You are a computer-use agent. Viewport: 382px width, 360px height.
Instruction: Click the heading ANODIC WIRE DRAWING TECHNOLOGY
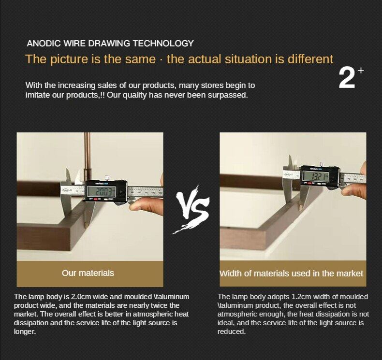coord(110,43)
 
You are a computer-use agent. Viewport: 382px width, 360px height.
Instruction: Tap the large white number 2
coord(347,78)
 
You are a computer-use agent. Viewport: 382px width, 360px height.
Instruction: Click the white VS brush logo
coord(192,210)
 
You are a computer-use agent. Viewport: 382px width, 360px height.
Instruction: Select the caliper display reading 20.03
coord(102,191)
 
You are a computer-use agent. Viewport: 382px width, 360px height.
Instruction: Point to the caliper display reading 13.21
coord(315,176)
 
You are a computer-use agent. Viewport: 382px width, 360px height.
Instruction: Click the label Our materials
coord(88,273)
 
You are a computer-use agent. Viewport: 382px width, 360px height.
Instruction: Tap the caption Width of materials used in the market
coord(292,274)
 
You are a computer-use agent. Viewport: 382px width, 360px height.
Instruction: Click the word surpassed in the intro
coord(227,95)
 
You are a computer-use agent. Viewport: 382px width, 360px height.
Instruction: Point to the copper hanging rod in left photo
coord(87,156)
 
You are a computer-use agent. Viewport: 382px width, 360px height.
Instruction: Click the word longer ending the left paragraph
coord(25,331)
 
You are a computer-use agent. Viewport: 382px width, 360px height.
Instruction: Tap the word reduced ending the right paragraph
coord(232,331)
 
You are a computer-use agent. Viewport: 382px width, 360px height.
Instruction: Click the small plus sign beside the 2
coord(361,71)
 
